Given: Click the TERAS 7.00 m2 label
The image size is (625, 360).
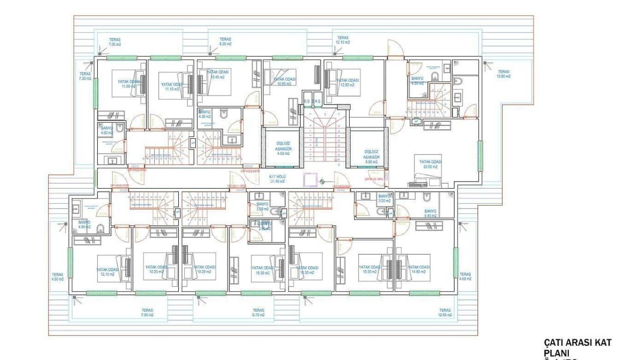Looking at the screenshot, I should point(115,41).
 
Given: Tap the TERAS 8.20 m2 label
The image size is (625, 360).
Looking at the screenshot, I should point(225,41).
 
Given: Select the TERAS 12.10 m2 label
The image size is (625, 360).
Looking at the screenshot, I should point(343,40).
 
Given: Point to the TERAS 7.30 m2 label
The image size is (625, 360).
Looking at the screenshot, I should point(85,75).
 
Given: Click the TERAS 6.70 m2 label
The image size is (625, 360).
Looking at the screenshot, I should point(258,313).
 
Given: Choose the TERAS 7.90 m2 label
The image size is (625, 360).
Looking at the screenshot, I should point(147,313).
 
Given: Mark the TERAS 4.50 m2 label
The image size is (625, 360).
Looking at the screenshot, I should point(58,276).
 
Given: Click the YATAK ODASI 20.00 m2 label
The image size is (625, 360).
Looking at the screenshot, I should point(430,164).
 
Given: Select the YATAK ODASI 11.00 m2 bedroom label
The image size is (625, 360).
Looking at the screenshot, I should point(128,84).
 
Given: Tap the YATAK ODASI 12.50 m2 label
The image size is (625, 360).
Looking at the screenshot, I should point(348,83).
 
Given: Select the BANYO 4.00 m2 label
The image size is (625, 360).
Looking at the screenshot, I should point(106,130).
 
